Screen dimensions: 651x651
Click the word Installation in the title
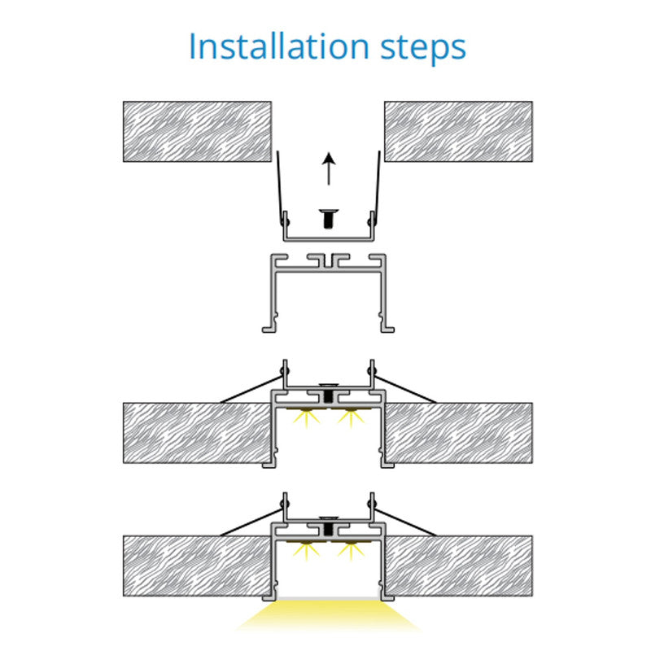coord(279,46)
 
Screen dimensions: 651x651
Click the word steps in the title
coord(423,49)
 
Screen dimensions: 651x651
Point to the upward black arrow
coord(329,168)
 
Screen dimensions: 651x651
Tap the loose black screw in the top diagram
coord(330,218)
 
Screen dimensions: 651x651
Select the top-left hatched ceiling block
coord(197,131)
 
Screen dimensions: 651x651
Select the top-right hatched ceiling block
coord(458,131)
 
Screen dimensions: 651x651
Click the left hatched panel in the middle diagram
coord(197,433)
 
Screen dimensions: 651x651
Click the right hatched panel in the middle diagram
coord(458,433)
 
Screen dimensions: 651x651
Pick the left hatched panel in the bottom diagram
coord(197,566)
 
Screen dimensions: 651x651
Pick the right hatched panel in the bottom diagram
coord(458,566)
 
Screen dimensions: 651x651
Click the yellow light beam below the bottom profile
coord(328,614)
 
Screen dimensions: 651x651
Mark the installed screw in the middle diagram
coord(329,391)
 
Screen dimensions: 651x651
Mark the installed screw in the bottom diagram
coord(329,525)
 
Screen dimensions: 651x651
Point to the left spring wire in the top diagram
coord(281,188)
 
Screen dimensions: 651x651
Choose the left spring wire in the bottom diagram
coord(251,522)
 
